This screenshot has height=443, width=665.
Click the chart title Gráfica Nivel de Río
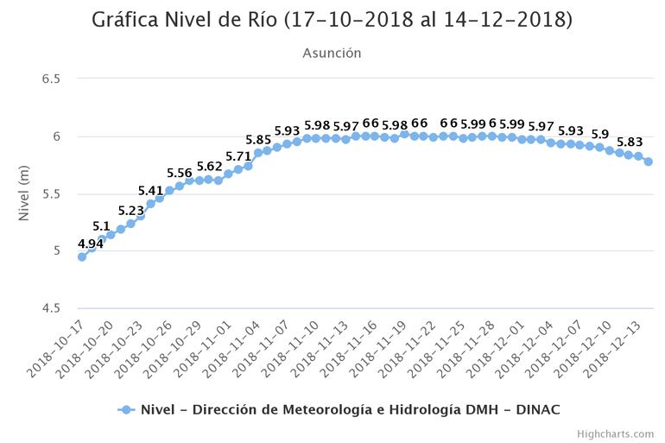[332, 20]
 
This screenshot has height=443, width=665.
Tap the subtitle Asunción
[332, 54]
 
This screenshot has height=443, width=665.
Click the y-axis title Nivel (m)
[25, 193]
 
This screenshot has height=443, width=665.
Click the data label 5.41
[151, 191]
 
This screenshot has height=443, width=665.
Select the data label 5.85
[258, 140]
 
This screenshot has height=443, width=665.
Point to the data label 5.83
[629, 142]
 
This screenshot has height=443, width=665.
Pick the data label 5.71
[238, 156]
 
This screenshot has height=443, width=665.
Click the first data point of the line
[82, 256]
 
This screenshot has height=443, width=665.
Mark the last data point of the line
[648, 161]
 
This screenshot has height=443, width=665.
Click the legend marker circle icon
[126, 410]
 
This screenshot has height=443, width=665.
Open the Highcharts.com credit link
[617, 434]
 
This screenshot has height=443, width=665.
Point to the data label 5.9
[600, 135]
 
